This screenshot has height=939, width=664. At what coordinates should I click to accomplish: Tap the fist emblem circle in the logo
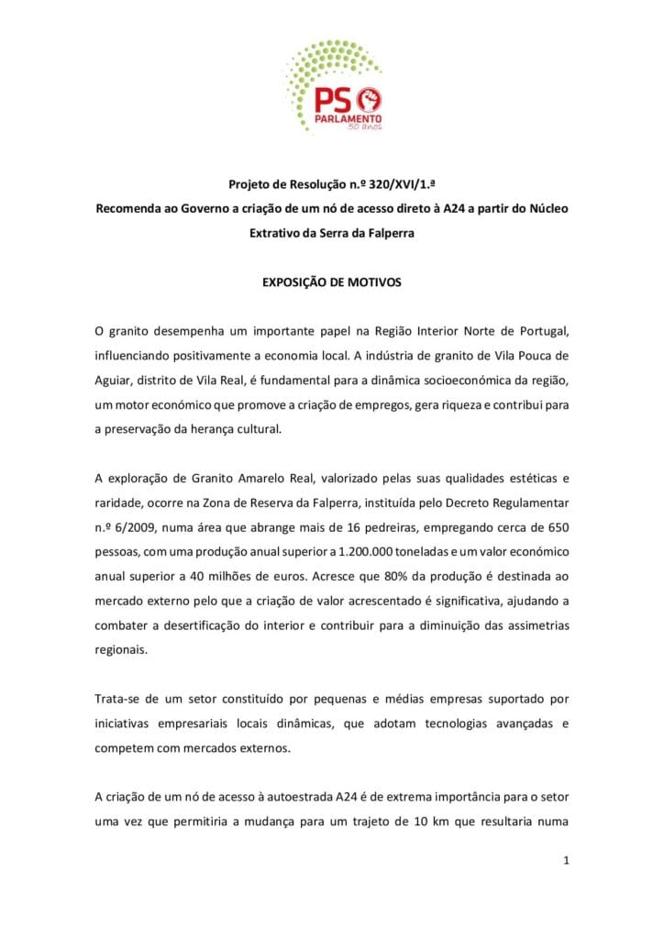(371, 98)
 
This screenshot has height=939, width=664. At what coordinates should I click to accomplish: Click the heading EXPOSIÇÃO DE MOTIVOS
(332, 282)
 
